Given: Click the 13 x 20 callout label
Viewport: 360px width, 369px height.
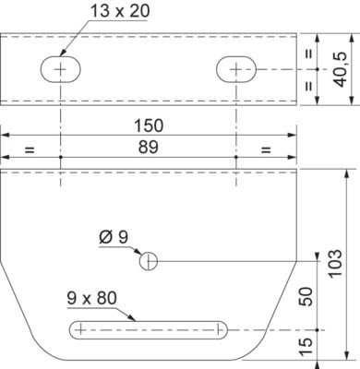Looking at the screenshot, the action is [120, 11].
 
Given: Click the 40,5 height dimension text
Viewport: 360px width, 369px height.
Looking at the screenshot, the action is [342, 69].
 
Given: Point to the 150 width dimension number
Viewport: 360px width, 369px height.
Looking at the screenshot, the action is [149, 125].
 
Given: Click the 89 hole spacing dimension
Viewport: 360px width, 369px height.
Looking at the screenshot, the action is [148, 147].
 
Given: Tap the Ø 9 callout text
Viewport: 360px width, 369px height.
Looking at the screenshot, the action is [114, 237].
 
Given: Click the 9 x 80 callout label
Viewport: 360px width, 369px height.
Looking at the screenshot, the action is [91, 298].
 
